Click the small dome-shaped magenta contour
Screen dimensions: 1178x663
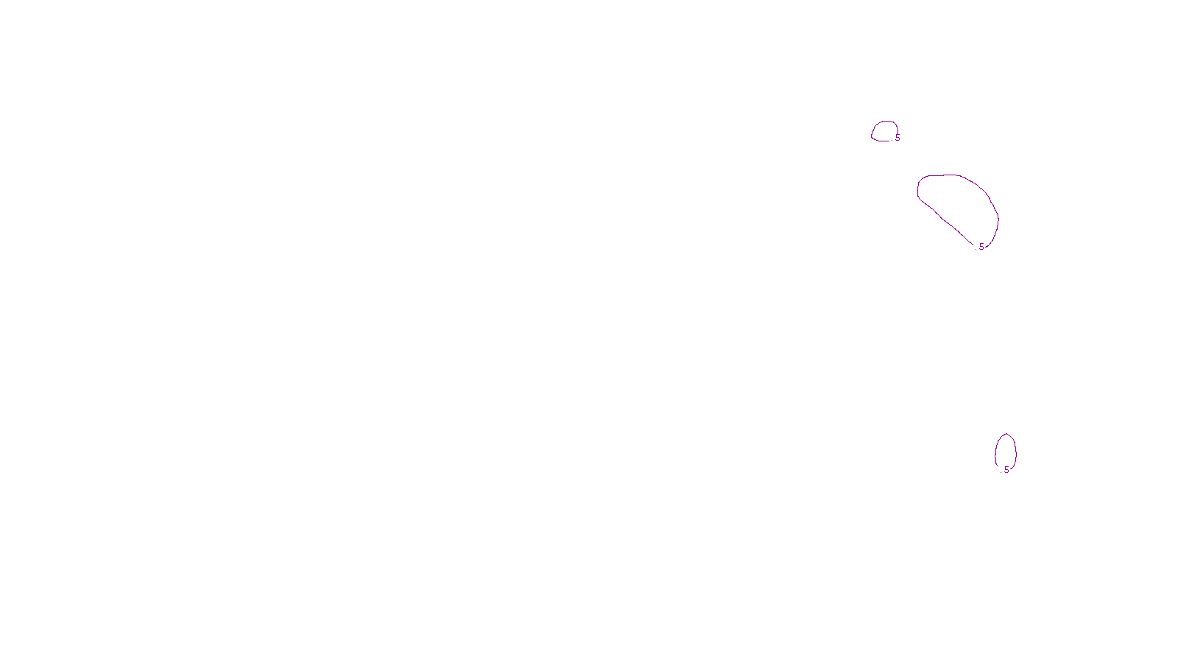click(884, 122)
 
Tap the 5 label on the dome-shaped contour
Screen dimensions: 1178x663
click(897, 138)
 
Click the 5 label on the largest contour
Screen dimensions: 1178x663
click(981, 247)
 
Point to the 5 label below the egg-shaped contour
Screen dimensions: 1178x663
click(1006, 470)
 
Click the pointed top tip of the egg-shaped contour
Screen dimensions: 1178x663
click(1006, 434)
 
